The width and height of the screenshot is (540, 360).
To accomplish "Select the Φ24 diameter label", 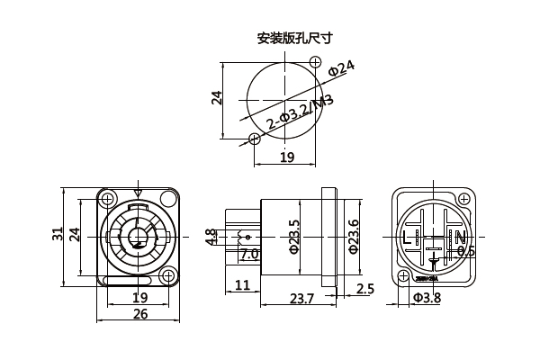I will point(342,67).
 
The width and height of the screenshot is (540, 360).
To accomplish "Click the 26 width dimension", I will point(140,314).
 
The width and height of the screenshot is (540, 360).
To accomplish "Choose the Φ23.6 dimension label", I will point(354,237).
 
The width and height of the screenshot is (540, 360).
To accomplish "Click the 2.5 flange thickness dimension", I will point(365,289).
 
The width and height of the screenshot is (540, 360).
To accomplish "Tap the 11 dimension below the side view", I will point(241,286).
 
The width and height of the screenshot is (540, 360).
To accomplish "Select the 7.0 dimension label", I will point(249,255).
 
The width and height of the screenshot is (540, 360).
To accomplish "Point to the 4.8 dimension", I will point(211,237).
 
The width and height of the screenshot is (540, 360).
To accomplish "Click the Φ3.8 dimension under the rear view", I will point(427,298).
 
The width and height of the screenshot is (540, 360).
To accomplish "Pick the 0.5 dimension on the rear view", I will point(465,251).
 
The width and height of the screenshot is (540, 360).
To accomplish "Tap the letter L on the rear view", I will point(410,238).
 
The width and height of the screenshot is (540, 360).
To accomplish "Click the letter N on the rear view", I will point(459,238).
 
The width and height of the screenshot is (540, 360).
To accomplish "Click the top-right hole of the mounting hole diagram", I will point(316,60).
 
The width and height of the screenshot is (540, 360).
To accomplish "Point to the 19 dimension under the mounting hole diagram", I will point(286,157).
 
